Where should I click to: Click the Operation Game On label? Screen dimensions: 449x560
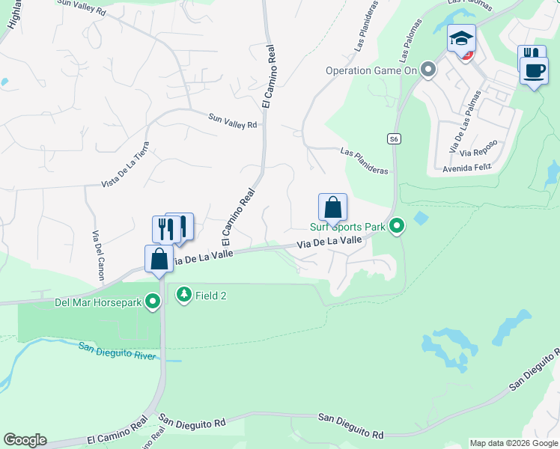click(370, 71)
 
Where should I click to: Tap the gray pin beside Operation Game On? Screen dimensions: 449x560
click(428, 70)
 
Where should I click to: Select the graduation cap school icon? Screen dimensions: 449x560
click(461, 38)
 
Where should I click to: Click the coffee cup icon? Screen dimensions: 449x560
click(534, 70)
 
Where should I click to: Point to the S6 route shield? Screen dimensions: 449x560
click(393, 138)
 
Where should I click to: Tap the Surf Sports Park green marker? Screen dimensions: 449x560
click(398, 224)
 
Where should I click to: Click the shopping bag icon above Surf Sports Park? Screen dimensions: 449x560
click(332, 207)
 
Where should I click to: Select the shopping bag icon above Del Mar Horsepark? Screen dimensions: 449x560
click(159, 259)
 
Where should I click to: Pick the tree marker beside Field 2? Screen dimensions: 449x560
click(183, 295)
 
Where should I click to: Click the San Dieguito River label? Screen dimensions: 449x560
click(118, 349)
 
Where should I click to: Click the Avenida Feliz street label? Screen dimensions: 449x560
click(466, 168)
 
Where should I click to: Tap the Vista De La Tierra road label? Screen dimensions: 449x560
click(125, 165)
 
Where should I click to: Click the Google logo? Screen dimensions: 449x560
click(25, 440)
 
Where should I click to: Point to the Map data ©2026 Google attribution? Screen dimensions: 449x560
click(513, 443)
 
